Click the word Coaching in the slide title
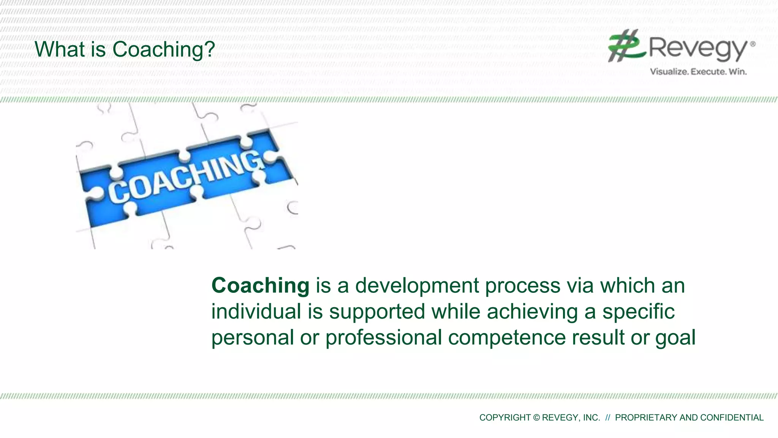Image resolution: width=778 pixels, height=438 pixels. coord(159,49)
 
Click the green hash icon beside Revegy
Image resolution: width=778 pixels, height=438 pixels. coord(626,46)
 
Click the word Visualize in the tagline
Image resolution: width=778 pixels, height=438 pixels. coord(669,71)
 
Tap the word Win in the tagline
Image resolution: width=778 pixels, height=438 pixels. coord(737,71)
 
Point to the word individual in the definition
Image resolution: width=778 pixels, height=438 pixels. coord(256,311)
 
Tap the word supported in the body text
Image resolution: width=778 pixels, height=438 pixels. coord(377,311)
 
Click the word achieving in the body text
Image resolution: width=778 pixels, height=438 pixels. coord(532,311)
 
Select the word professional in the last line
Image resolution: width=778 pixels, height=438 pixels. coord(383,338)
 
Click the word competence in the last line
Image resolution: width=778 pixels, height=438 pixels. coord(507,338)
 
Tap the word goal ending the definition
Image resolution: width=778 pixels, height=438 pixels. coord(675,338)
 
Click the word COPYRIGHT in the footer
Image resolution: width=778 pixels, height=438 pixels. coord(505,417)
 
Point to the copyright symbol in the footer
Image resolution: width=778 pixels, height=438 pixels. coord(536,417)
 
